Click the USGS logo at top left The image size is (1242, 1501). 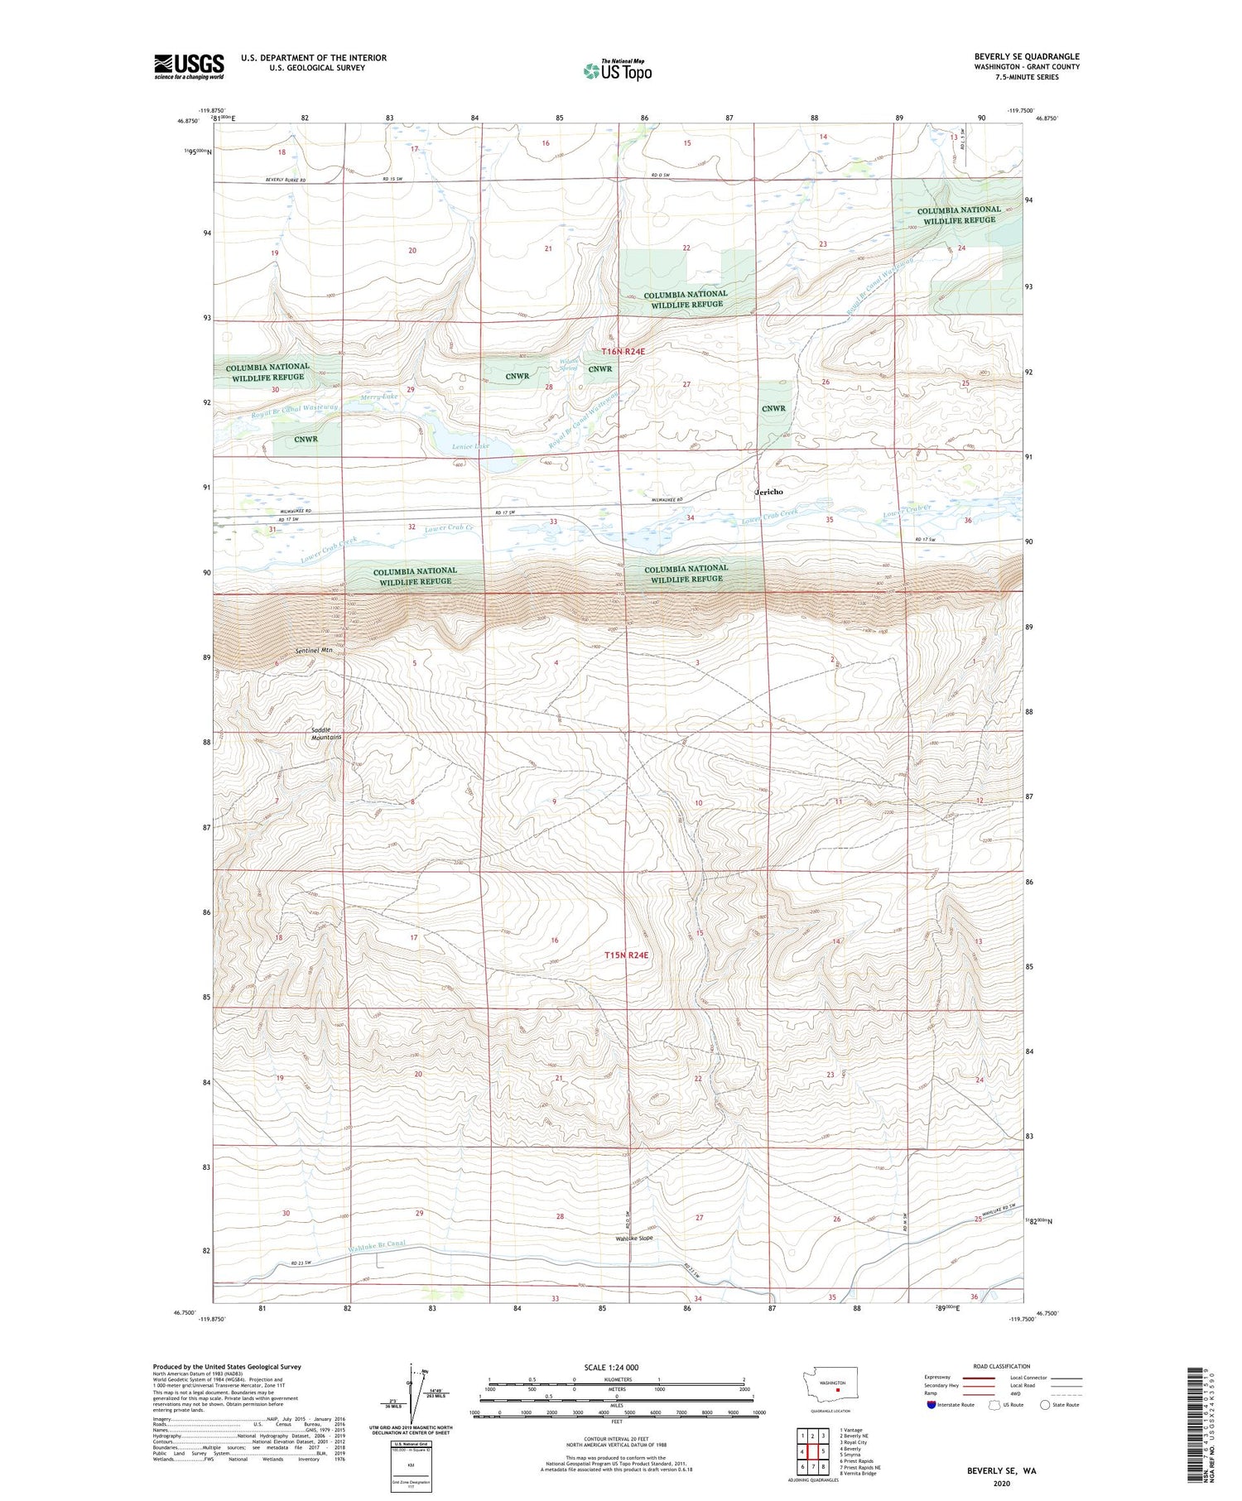(189, 66)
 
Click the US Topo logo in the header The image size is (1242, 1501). (617, 71)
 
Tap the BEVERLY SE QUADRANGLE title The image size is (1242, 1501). (1026, 56)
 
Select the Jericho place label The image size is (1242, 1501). (769, 492)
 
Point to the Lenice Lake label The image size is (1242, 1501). (470, 446)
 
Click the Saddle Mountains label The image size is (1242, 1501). (326, 733)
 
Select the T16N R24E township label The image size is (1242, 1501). (623, 352)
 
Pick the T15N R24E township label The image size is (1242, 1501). (626, 955)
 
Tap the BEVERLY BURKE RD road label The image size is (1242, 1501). (286, 180)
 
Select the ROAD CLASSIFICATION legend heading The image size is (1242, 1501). (1002, 1366)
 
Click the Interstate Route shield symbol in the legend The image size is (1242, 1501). (931, 1404)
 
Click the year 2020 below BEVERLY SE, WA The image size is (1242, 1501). (1000, 1483)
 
